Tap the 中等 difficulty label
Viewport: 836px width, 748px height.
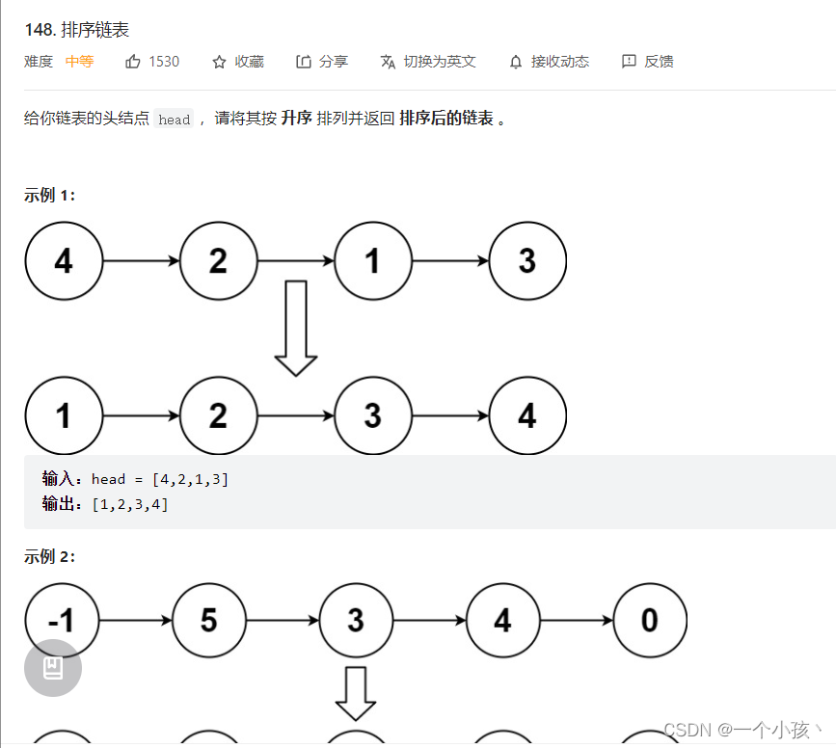pos(79,62)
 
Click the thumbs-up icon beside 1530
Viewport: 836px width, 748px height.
pos(133,62)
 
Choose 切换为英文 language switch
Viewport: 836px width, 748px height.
pos(428,62)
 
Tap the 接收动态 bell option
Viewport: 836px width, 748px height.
pos(549,62)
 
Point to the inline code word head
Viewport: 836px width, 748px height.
pos(175,120)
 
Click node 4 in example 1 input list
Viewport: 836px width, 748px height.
pos(64,261)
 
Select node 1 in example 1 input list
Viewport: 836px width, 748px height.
pos(373,261)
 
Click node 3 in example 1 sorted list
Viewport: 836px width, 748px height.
pos(373,415)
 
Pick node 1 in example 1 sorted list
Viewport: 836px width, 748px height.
pos(64,415)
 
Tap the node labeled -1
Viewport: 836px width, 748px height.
pos(61,621)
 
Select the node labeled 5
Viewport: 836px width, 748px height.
pos(209,621)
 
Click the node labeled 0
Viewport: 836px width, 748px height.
pos(649,621)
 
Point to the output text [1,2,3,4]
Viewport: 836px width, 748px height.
pos(130,504)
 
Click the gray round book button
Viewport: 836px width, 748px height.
pos(53,668)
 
